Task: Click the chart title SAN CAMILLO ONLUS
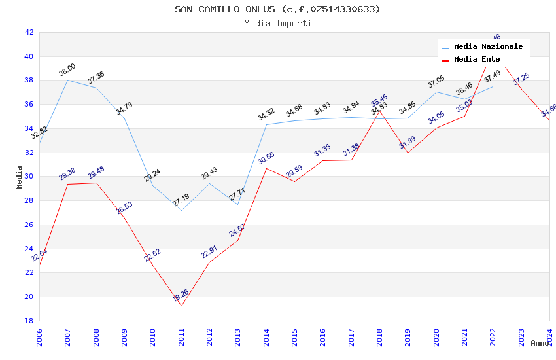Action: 277,9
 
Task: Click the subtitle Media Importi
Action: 277,24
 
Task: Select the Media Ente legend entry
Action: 477,60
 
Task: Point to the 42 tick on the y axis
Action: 29,32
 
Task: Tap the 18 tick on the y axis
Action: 29,321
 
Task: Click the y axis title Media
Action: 20,177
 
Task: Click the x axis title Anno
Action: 540,343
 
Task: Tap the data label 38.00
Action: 67,70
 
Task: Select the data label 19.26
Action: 181,295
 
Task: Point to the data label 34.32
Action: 266,115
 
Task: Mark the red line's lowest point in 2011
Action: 181,306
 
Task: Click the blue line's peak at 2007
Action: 67,80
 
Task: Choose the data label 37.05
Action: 436,82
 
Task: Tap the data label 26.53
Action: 124,208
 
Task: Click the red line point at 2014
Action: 266,168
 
